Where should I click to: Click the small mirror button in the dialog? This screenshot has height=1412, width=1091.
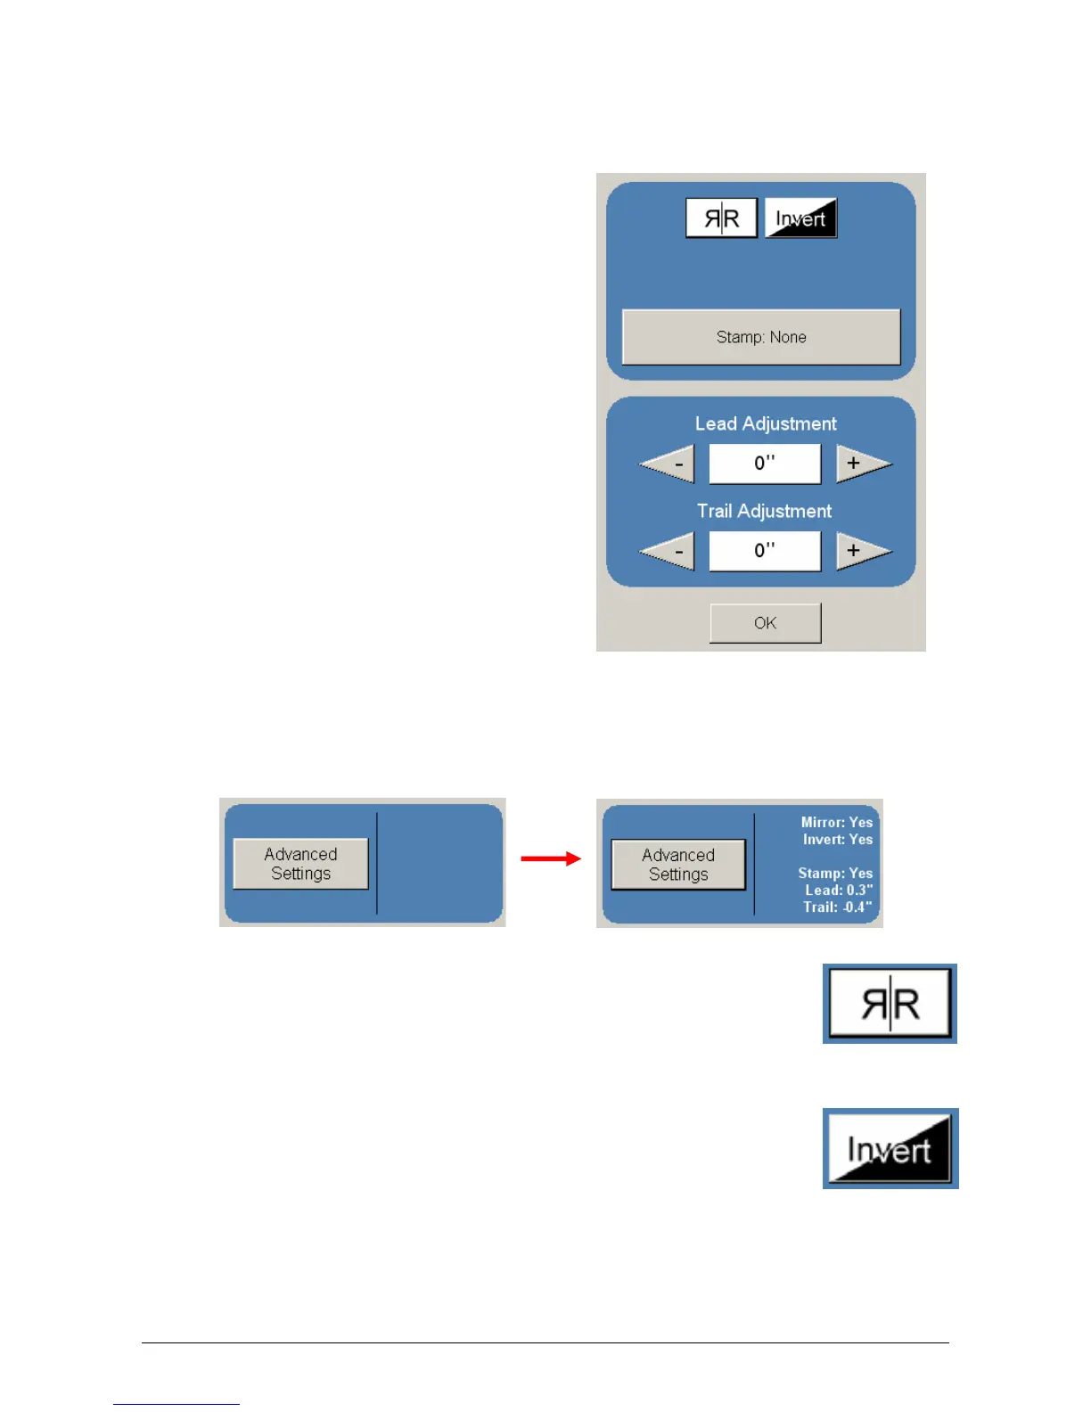(721, 218)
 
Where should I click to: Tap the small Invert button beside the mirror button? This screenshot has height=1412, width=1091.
(800, 218)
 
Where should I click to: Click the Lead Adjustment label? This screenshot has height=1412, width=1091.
(766, 423)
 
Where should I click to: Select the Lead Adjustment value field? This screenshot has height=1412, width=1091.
(765, 464)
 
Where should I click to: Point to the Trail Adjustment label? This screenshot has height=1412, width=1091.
(764, 511)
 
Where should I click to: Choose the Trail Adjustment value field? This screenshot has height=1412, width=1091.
(765, 551)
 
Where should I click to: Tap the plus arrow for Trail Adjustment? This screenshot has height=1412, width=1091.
(860, 551)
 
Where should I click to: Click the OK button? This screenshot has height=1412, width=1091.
(765, 623)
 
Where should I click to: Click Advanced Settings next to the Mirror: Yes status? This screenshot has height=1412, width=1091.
(678, 865)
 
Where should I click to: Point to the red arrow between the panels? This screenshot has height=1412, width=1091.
(550, 858)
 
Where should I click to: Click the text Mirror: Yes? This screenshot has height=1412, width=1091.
(836, 822)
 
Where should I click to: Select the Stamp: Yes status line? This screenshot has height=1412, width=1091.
(835, 873)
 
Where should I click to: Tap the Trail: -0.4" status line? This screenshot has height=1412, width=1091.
(837, 907)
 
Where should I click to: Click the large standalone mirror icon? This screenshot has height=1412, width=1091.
(890, 1004)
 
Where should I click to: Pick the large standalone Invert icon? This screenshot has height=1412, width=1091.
(890, 1148)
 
